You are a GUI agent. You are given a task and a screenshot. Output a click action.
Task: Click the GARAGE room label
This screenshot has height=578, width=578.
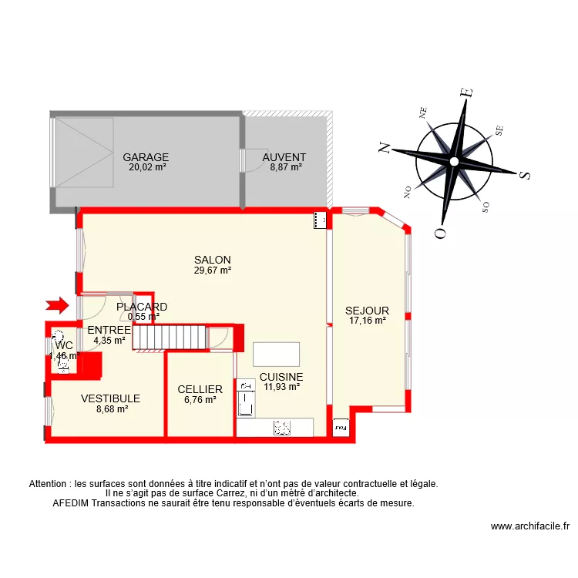coord(146,157)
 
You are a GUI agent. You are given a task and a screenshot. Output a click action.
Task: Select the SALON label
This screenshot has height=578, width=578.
coord(213,260)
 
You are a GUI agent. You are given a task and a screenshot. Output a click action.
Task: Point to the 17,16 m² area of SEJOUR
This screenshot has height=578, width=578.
coord(367,321)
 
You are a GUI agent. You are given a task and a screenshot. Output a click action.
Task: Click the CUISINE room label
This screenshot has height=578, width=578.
coord(281,377)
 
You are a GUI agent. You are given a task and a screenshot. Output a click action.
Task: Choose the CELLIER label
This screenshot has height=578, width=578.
coord(200,389)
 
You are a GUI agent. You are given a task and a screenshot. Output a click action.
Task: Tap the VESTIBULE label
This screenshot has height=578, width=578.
coord(111,398)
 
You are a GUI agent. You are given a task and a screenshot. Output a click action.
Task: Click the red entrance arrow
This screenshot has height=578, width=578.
coord(57,306)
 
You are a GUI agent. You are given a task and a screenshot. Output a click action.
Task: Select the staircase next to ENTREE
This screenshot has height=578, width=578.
coord(170,337)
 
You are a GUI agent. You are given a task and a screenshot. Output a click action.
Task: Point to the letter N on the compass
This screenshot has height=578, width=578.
coord(383,147)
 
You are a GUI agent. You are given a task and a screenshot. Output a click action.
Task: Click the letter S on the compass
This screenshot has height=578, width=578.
coord(526,175)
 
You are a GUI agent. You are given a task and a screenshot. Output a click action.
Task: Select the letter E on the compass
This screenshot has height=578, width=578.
coord(465,93)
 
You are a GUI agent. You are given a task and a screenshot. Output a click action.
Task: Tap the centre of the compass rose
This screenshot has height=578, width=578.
coord(455,161)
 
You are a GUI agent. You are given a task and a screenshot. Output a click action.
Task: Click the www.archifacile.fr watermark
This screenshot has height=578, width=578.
coord(529,527)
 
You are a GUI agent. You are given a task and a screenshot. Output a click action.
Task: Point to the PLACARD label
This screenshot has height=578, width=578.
coord(142,307)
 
